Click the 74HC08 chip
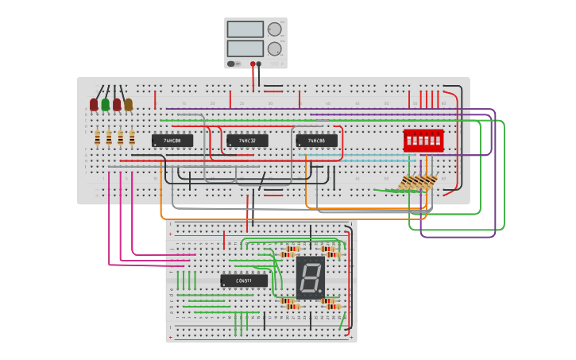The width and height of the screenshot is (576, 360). tap(172, 141)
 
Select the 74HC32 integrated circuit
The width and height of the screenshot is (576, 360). tap(247, 141)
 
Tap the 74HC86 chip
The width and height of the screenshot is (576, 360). tap(316, 141)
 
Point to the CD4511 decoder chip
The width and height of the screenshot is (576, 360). tap(244, 281)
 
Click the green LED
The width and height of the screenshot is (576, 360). tap(105, 104)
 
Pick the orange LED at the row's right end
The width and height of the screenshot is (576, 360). tap(128, 104)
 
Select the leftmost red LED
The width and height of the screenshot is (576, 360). tap(94, 104)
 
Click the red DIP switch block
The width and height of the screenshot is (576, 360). tap(423, 141)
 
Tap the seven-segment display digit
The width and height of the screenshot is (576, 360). tap(309, 277)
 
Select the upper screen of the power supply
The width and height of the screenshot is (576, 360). tap(245, 29)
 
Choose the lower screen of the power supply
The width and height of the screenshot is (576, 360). tap(245, 48)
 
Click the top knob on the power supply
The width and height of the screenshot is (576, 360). tap(275, 29)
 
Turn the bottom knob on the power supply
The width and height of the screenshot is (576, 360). tap(275, 48)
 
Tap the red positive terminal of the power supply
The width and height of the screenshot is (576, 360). tap(253, 64)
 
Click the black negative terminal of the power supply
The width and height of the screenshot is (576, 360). tap(259, 64)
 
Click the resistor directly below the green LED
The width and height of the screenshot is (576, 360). tap(109, 138)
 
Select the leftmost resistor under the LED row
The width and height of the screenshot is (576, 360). tap(97, 138)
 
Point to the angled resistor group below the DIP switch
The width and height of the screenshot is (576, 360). tap(417, 184)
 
